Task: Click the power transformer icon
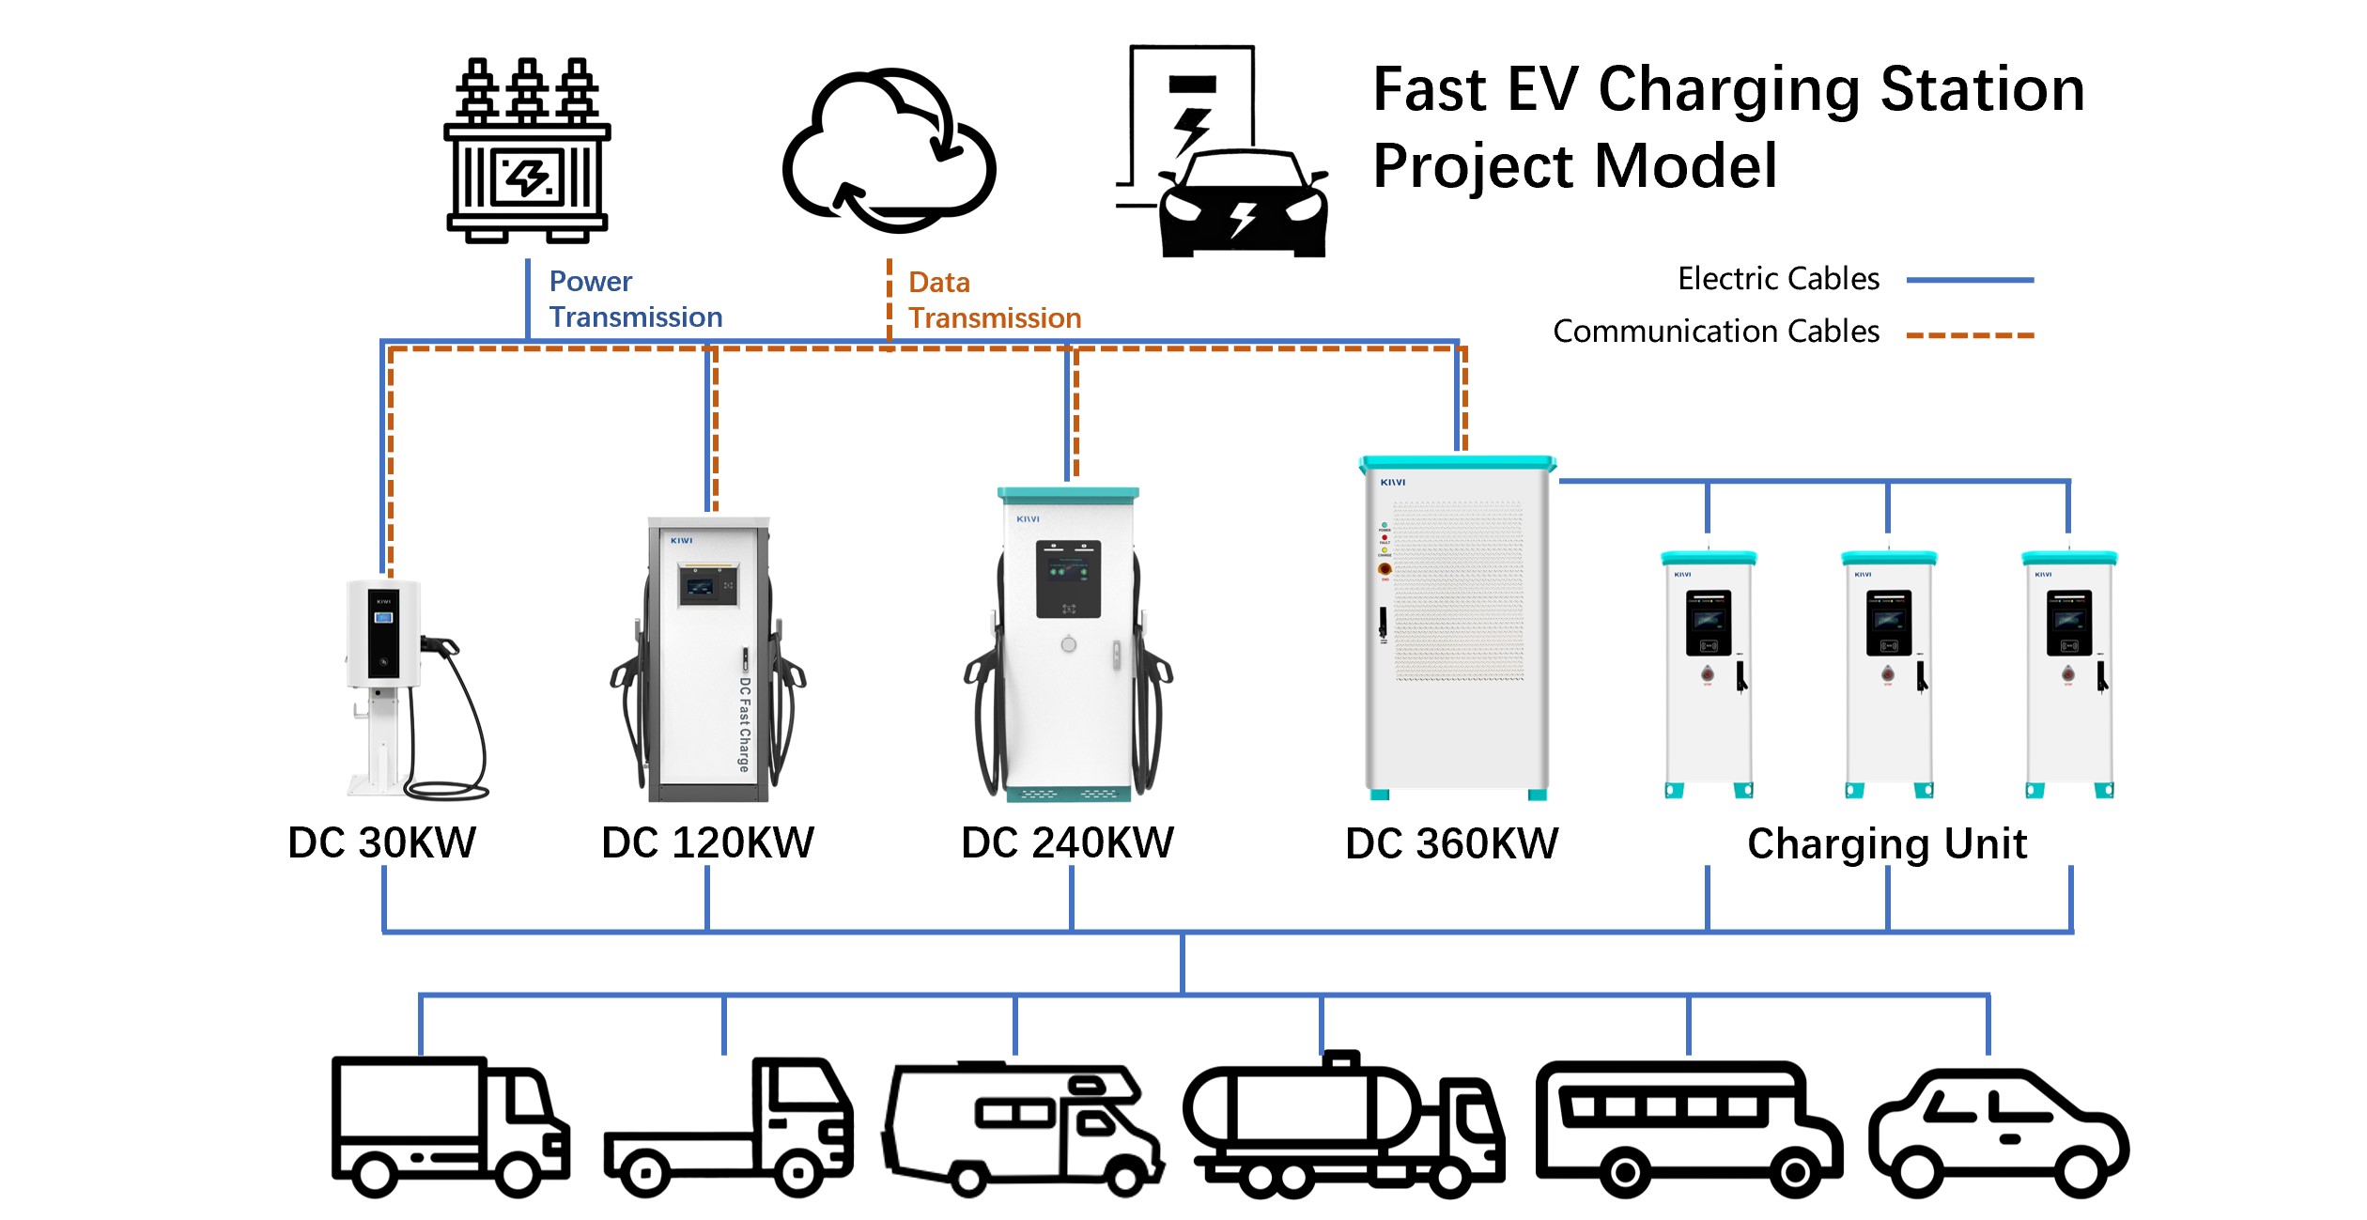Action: [x=527, y=150]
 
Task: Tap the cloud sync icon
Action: [x=889, y=150]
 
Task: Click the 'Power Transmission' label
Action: [x=635, y=299]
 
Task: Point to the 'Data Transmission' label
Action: [x=994, y=300]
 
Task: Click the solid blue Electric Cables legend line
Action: [x=1969, y=280]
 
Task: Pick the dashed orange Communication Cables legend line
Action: [x=1969, y=334]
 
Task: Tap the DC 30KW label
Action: [x=381, y=842]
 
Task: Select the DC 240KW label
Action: [x=1067, y=842]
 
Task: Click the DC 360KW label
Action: [x=1451, y=843]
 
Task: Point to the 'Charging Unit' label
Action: [x=1887, y=843]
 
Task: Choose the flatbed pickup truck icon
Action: [x=728, y=1128]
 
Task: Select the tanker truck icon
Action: [x=1343, y=1126]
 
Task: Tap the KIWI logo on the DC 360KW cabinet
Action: [x=1392, y=483]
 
